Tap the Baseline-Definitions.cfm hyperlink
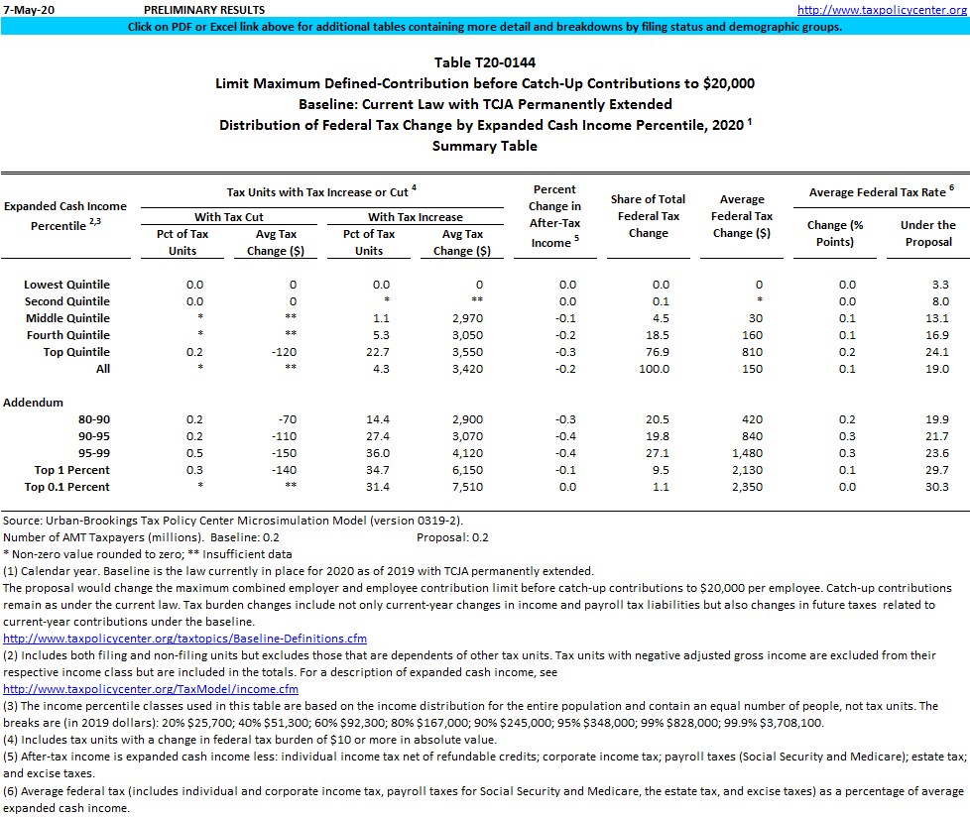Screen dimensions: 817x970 pyautogui.click(x=185, y=639)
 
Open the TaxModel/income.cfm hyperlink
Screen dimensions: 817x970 pyautogui.click(x=151, y=689)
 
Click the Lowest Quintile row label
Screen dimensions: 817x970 pyautogui.click(x=66, y=285)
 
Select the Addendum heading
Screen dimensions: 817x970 pyautogui.click(x=34, y=403)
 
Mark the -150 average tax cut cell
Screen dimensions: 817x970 pyautogui.click(x=281, y=453)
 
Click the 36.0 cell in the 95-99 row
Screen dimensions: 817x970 pyautogui.click(x=369, y=453)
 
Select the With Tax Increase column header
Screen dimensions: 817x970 pyautogui.click(x=415, y=217)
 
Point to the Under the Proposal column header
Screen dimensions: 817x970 pyautogui.click(x=927, y=233)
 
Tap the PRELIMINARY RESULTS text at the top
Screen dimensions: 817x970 pyautogui.click(x=203, y=9)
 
